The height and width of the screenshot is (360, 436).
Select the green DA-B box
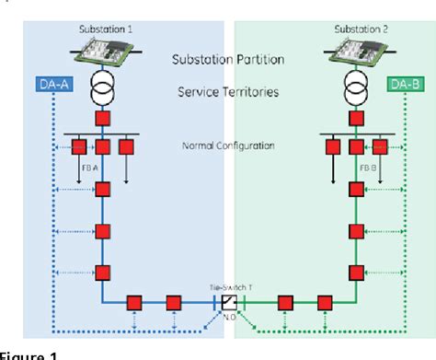pyautogui.click(x=404, y=86)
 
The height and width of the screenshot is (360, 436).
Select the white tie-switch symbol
pyautogui.click(x=229, y=303)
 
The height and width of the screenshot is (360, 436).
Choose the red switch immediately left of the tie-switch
pyautogui.click(x=172, y=302)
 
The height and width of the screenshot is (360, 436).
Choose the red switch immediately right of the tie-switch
pyautogui.click(x=285, y=302)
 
